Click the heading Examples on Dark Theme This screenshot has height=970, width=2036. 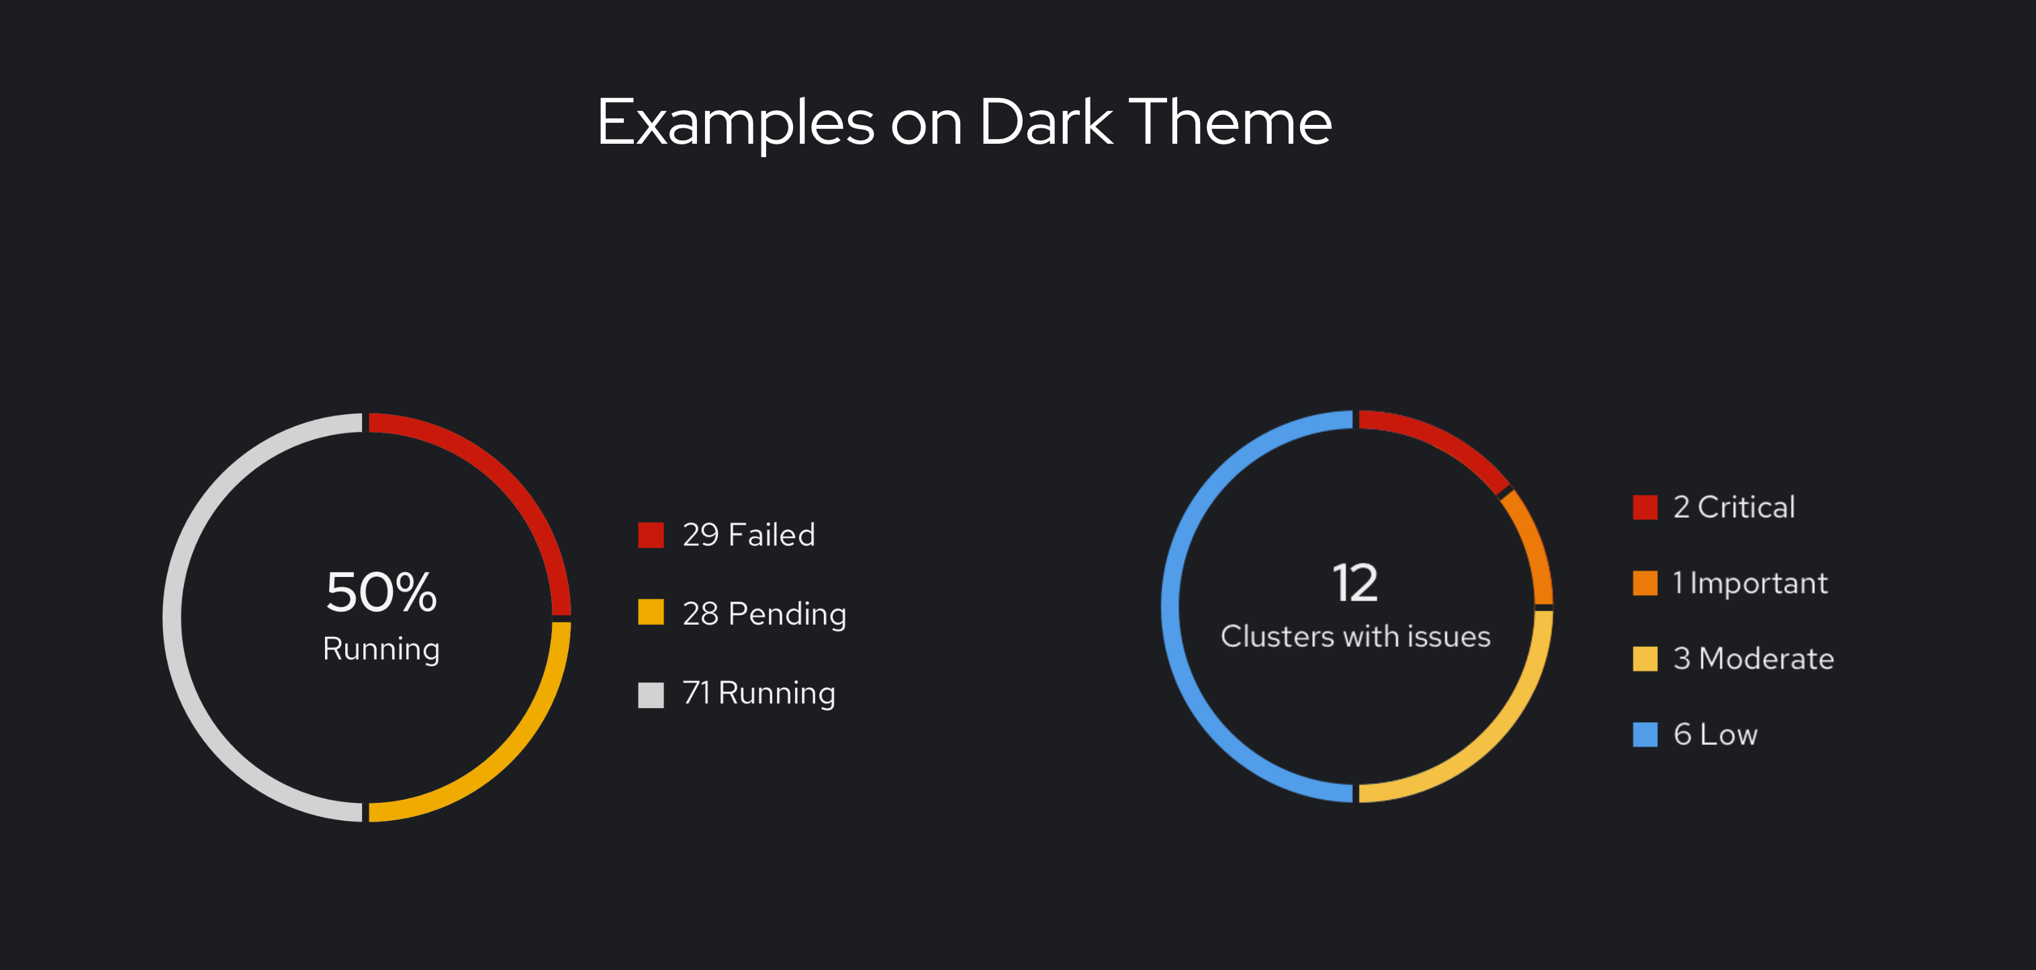tap(964, 122)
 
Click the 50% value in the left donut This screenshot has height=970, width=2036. tap(381, 592)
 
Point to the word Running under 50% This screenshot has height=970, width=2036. tap(381, 650)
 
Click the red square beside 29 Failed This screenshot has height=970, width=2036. tap(651, 535)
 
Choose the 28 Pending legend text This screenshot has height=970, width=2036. tap(764, 614)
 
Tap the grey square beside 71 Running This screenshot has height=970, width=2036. tap(651, 694)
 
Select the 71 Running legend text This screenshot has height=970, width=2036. tap(759, 693)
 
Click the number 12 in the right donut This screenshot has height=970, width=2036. tap(1354, 584)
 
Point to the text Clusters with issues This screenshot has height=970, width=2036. tap(1356, 636)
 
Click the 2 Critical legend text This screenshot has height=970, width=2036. tap(1733, 506)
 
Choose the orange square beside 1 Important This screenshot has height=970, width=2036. tap(1645, 582)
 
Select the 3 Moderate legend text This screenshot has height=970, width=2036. tap(1753, 658)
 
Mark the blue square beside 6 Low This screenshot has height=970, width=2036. tap(1645, 734)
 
